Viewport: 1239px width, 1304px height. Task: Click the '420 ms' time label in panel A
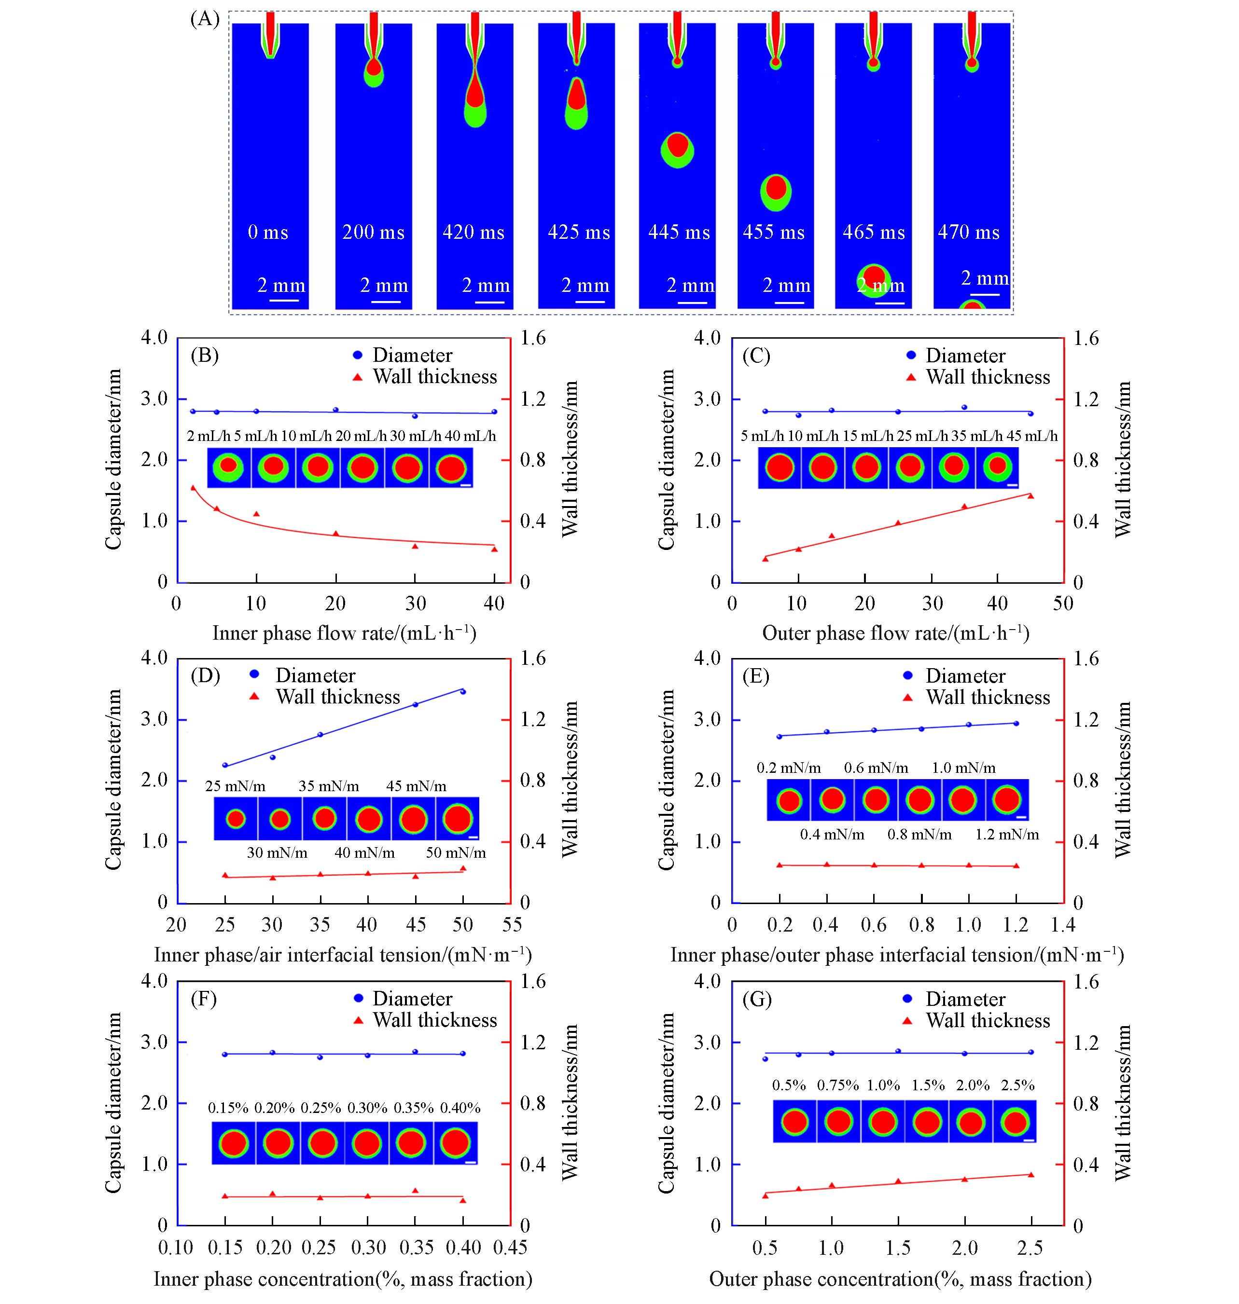[473, 233]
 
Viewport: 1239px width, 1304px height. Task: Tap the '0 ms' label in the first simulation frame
[268, 233]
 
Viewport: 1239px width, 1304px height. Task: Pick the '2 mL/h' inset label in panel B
[209, 436]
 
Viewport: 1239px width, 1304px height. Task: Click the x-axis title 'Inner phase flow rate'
[344, 633]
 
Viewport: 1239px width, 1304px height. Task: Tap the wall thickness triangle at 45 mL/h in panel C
[1030, 495]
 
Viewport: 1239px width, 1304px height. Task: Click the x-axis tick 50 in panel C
[1063, 603]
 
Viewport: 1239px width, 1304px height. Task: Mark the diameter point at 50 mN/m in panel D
[463, 691]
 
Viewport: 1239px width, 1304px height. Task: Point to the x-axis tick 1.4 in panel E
[1063, 925]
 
